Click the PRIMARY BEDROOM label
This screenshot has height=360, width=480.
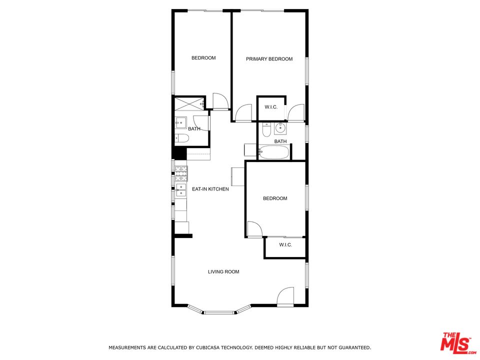tap(269, 59)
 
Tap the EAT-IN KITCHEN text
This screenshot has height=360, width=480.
tap(210, 189)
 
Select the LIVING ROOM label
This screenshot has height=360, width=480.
tap(223, 271)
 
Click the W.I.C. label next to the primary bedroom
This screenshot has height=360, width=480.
tap(271, 107)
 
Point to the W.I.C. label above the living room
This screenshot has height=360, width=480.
tap(285, 245)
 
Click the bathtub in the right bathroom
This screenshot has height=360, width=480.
tap(273, 152)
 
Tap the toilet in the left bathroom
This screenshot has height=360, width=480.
tap(182, 138)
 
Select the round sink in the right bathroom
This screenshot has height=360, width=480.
tap(280, 128)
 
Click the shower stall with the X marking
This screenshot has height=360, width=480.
tap(189, 104)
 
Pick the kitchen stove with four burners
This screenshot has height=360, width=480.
tap(181, 173)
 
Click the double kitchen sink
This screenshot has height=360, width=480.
tap(181, 190)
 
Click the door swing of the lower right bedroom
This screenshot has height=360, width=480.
tap(254, 229)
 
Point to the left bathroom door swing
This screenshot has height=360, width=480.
tap(201, 123)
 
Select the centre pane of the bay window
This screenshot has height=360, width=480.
tap(219, 312)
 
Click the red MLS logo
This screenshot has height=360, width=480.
tap(458, 342)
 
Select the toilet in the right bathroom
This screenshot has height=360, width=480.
tap(266, 129)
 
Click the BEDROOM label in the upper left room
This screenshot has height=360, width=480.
tap(203, 58)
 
